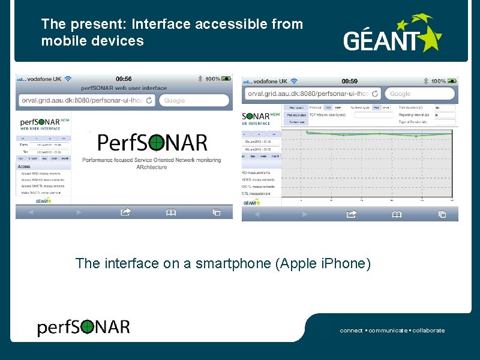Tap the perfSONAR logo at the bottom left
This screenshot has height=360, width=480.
click(x=83, y=327)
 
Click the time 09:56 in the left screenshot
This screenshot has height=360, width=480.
click(x=124, y=79)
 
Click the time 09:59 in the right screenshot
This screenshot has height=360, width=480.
click(x=350, y=81)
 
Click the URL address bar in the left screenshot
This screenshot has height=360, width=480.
click(x=88, y=100)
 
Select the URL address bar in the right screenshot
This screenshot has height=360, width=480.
click(x=313, y=94)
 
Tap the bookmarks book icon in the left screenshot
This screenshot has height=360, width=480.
click(x=171, y=212)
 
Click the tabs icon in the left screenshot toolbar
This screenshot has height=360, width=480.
click(x=217, y=212)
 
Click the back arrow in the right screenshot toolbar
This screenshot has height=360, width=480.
click(x=257, y=214)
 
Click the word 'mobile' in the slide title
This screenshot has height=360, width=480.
click(x=60, y=41)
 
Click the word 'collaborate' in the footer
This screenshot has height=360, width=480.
click(x=428, y=331)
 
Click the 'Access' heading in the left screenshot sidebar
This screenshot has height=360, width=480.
click(x=24, y=166)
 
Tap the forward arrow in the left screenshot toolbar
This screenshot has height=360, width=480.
click(x=79, y=212)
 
